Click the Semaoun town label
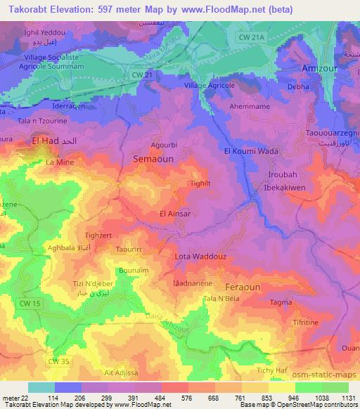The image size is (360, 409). (x=153, y=160)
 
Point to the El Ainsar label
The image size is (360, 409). (x=175, y=214)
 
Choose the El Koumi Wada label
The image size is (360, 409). (x=250, y=151)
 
